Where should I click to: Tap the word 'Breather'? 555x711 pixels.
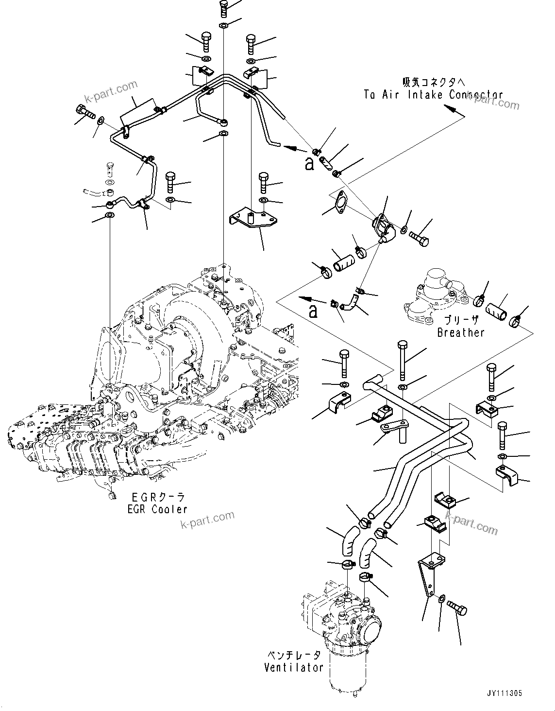click(x=460, y=332)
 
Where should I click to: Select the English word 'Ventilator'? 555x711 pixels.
click(x=293, y=667)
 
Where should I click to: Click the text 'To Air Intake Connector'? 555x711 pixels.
click(x=426, y=95)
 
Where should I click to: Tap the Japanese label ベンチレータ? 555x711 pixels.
click(x=293, y=655)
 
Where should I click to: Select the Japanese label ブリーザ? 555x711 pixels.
click(x=461, y=320)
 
